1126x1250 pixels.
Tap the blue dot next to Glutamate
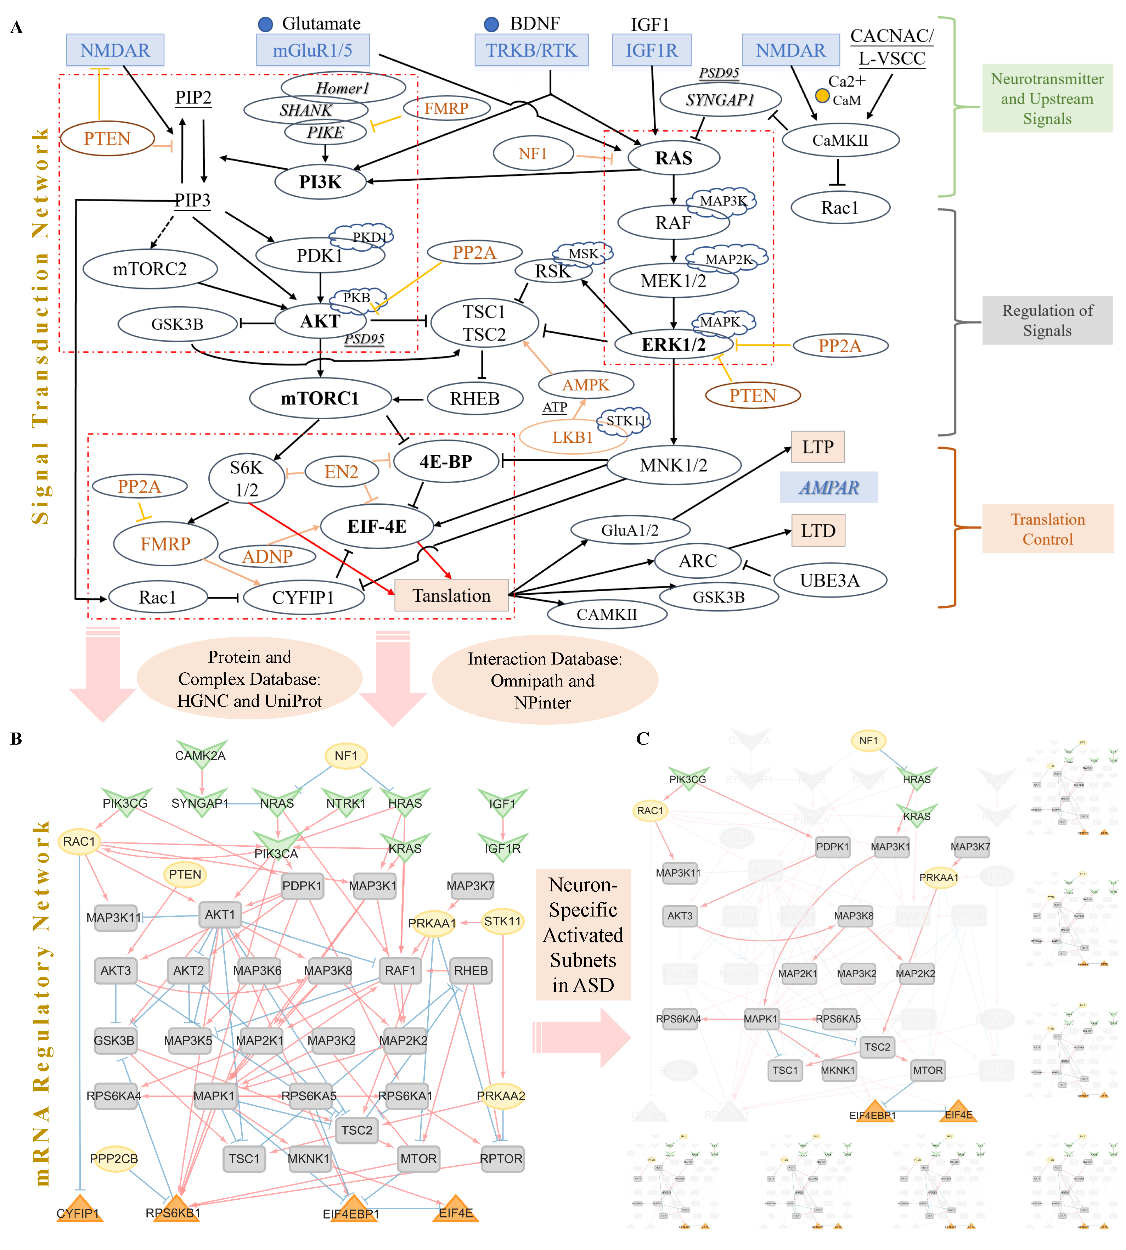[x=265, y=24]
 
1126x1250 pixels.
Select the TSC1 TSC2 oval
[x=484, y=323]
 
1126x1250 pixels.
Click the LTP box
[x=817, y=447]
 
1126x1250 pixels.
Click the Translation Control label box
[x=1047, y=529]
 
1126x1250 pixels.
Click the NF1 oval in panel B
[x=346, y=756]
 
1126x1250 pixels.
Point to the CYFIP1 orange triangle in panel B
[x=79, y=1210]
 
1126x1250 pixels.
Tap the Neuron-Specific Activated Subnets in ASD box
[x=583, y=935]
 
